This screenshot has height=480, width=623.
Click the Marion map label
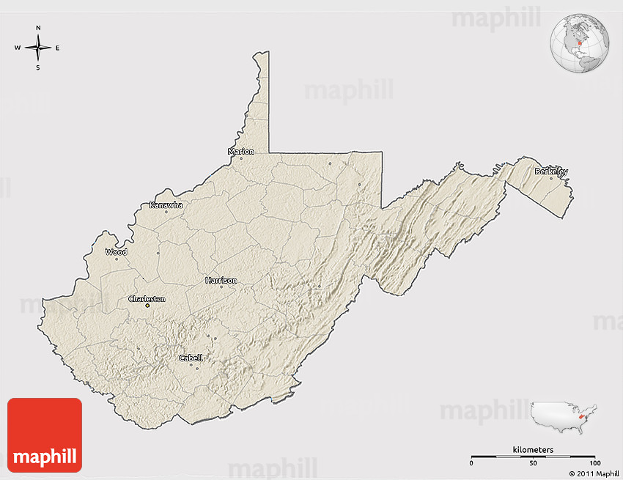241,152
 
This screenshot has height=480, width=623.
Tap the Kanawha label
166,205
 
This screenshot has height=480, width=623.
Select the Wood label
116,252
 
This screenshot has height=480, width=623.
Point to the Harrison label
221,280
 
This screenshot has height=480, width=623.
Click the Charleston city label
147,299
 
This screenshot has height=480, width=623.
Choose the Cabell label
191,358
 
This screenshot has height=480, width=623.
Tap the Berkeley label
551,171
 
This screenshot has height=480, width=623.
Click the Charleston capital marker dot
147,306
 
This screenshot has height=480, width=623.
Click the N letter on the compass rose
38,29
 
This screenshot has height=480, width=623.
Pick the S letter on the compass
38,67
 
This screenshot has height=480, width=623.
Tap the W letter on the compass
18,48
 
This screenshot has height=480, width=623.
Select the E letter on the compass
57,48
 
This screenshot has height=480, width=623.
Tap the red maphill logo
45,435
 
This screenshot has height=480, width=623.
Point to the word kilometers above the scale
533,449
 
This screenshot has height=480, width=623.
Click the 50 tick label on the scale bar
533,464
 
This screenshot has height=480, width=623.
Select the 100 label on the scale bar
594,464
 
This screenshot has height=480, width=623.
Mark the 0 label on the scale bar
471,464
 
